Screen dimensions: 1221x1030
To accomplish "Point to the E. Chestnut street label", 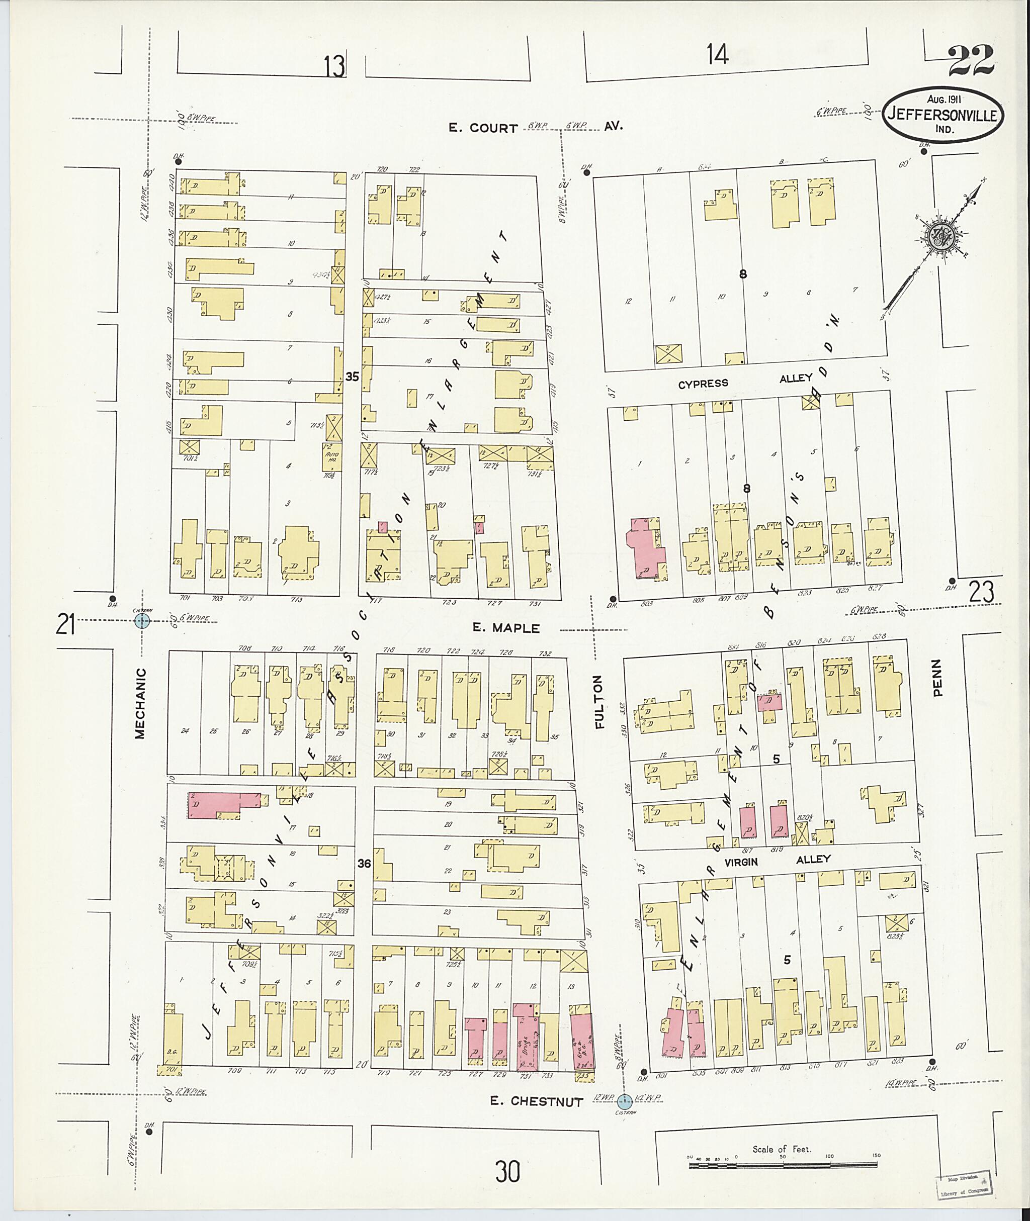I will coord(536,1101).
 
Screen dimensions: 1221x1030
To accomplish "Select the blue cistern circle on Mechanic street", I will coord(142,620).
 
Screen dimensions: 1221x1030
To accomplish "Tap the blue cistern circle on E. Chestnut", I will coord(624,1101).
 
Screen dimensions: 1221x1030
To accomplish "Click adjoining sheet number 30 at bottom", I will coord(507,1171).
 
